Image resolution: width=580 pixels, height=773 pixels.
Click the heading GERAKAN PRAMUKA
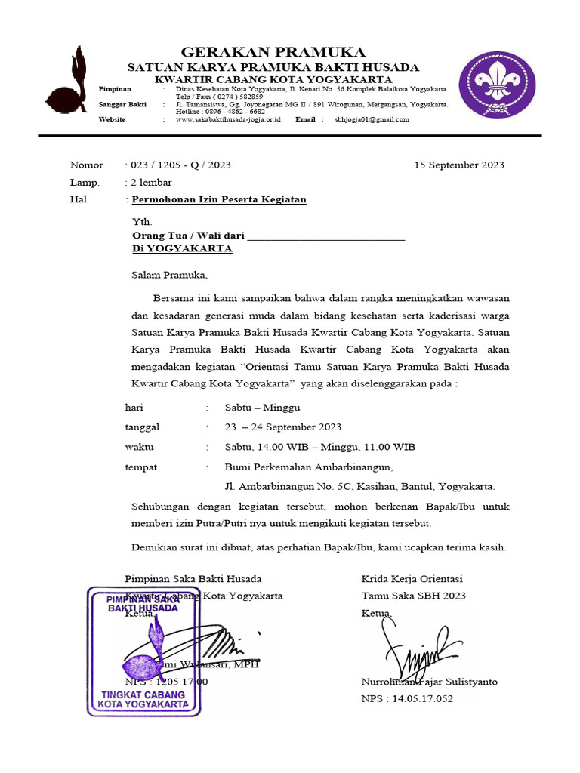[274, 51]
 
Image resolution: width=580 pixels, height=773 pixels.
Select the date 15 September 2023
[459, 165]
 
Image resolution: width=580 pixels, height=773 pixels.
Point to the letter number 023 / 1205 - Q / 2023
[180, 165]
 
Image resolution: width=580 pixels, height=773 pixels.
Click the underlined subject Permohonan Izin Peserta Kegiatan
[219, 199]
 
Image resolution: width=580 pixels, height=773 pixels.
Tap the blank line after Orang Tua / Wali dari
[326, 236]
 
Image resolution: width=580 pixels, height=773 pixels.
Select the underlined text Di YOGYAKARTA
[182, 248]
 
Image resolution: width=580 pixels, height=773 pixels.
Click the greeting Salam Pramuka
[168, 275]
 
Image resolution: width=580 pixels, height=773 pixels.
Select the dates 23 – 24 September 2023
[283, 427]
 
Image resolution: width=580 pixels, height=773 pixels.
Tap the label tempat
[140, 467]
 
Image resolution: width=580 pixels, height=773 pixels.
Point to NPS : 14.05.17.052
[407, 699]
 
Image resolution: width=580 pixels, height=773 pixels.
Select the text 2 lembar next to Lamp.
[151, 182]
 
